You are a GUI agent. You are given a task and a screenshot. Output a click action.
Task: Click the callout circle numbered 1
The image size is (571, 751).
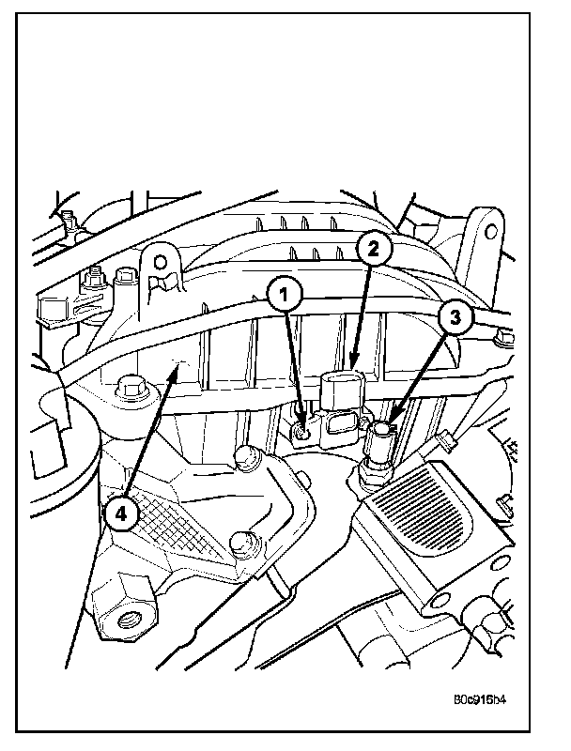point(285,294)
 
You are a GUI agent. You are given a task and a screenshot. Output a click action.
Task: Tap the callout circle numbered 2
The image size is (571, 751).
point(373,249)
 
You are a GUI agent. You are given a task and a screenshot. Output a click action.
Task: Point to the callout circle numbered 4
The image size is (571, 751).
point(121,513)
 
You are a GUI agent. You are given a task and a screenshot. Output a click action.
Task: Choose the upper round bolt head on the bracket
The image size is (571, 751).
point(248,457)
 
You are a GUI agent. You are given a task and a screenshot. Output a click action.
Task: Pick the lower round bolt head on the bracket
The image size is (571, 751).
point(239,542)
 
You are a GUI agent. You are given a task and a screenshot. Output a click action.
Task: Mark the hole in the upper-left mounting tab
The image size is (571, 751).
point(160,258)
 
